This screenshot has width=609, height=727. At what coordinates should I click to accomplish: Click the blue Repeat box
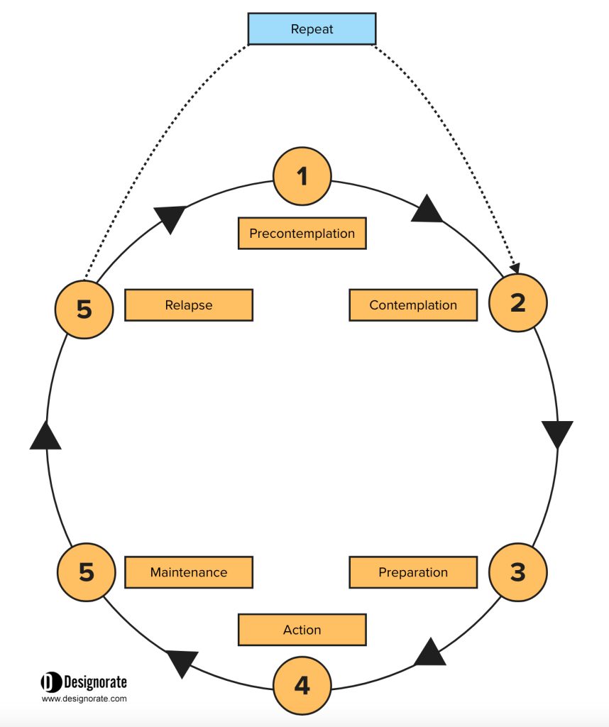[x=312, y=28]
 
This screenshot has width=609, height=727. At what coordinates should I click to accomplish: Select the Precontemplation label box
[x=302, y=233]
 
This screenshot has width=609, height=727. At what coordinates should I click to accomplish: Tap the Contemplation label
[x=413, y=305]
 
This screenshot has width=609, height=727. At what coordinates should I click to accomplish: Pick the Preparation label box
[x=413, y=572]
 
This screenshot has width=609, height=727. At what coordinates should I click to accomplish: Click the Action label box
[x=302, y=630]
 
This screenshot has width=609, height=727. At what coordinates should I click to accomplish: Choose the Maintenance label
[x=189, y=572]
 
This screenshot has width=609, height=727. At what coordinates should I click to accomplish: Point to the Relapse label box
[x=189, y=305]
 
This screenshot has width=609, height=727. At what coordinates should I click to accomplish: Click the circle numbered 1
[x=302, y=176]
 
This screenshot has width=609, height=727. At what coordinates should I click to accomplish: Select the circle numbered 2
[x=517, y=302]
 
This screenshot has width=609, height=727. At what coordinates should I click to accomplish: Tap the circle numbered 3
[x=517, y=572]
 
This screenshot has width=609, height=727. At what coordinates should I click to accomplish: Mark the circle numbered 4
[x=302, y=685]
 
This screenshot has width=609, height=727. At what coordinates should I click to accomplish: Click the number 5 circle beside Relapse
[x=84, y=310]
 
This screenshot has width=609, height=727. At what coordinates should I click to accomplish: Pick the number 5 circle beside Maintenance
[x=86, y=572]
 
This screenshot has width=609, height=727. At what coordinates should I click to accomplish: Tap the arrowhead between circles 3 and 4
[x=429, y=653]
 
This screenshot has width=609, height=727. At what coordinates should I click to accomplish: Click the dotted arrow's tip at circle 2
[x=517, y=273]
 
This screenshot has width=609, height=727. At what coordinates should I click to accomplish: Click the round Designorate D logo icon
[x=51, y=682]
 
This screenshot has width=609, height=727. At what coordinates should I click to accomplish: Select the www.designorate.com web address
[x=84, y=699]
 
